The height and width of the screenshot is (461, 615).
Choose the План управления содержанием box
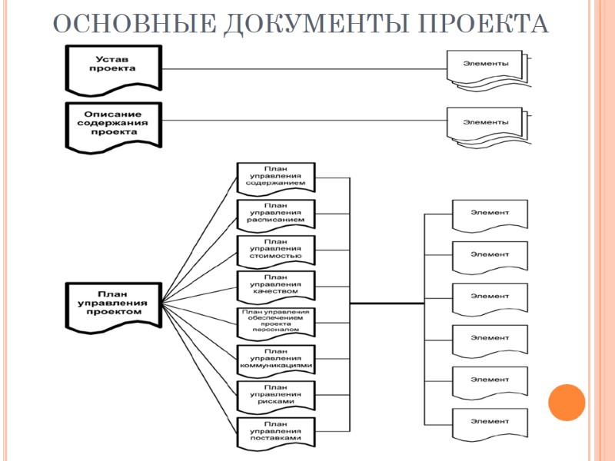point(276,177)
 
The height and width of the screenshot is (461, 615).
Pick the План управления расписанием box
point(276,213)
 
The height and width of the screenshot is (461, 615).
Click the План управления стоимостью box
point(276,249)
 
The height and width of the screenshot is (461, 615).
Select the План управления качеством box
point(276,285)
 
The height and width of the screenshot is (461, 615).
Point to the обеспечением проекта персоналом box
point(276,321)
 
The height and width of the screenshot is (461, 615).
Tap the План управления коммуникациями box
point(276,358)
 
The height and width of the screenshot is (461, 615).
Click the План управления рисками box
point(276,394)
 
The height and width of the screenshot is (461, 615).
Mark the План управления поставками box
point(276,430)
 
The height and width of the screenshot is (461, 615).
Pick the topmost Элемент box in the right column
point(490,214)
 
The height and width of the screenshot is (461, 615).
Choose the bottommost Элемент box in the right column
point(490,423)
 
